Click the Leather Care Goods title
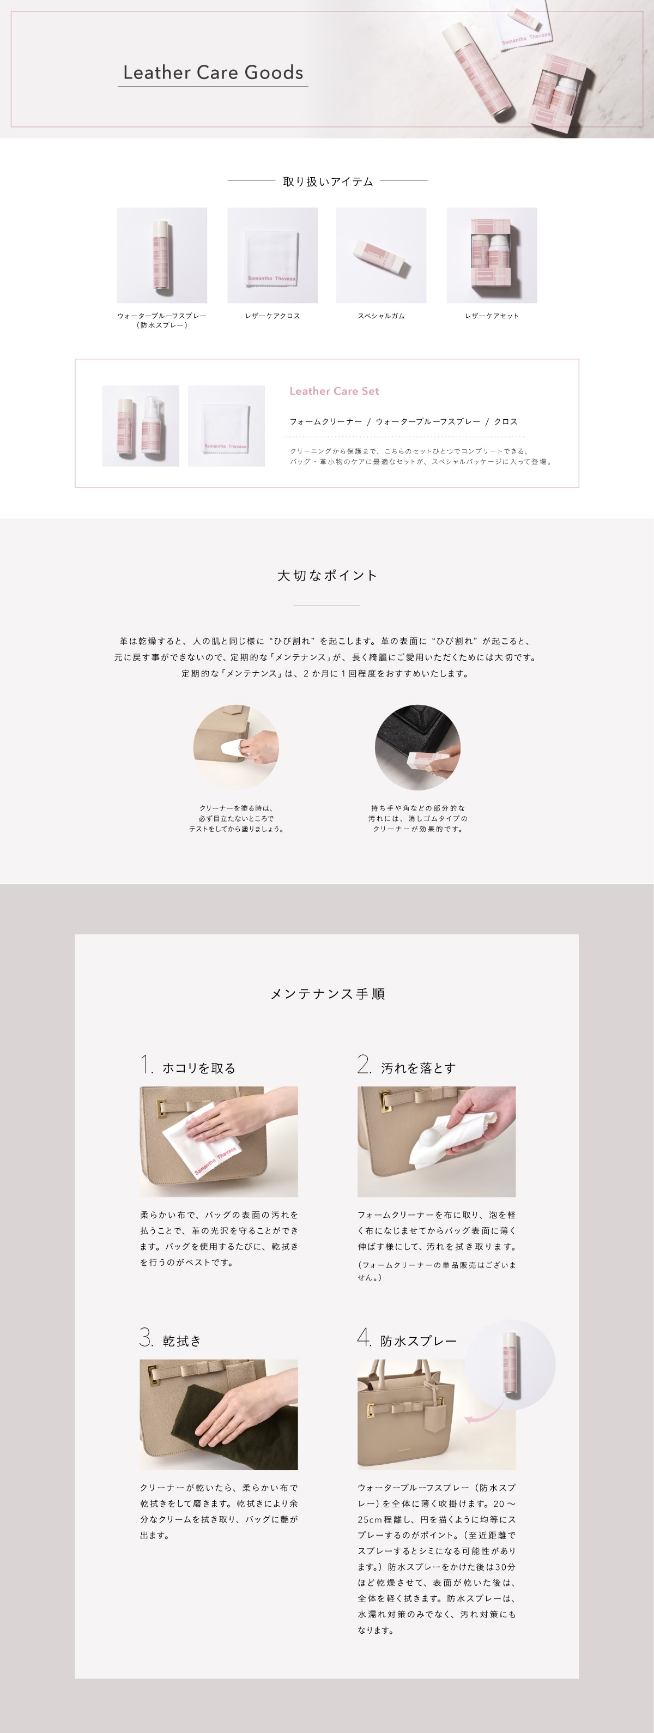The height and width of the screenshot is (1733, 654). tap(213, 73)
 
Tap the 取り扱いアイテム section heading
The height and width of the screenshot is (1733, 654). tap(328, 182)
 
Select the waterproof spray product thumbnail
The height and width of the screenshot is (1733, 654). tap(161, 255)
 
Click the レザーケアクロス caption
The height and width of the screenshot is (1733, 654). tap(272, 316)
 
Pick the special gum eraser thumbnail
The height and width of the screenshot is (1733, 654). tap(381, 256)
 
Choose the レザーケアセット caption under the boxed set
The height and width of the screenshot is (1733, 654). tap(491, 316)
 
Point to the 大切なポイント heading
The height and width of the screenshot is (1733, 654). tap(327, 575)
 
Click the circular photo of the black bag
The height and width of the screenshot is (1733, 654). tap(417, 747)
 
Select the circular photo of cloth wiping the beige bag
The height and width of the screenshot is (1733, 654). tap(235, 747)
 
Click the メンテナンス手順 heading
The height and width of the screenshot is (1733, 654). tap(327, 994)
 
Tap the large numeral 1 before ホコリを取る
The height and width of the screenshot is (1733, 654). tap(144, 1064)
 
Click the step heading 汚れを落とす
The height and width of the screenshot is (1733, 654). tap(418, 1067)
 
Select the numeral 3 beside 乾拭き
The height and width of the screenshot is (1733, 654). tap(146, 1337)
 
